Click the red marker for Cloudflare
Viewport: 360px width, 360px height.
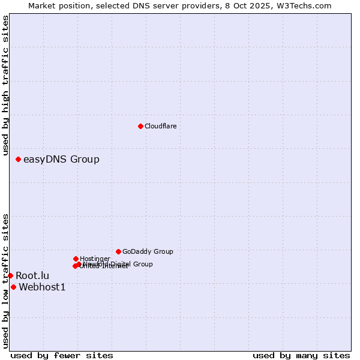(x=140, y=126)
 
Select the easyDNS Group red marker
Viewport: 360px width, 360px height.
(x=18, y=159)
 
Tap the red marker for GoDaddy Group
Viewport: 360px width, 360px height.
(x=118, y=251)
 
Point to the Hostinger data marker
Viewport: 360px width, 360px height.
(x=76, y=259)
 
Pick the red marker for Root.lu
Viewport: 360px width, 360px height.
(x=10, y=275)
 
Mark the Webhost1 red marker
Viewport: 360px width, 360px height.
(x=13, y=287)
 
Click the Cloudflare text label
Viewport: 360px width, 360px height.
(x=161, y=126)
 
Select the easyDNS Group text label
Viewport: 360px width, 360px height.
(x=61, y=159)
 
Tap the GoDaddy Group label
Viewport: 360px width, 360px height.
(x=148, y=251)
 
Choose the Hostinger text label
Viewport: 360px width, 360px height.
(x=95, y=259)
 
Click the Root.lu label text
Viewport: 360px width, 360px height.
(x=32, y=275)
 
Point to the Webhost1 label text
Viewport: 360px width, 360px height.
(x=42, y=287)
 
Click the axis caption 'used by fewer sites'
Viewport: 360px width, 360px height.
(x=62, y=355)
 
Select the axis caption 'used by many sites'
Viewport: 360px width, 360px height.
(x=301, y=355)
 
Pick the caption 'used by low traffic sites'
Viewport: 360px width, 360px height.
(x=5, y=280)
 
